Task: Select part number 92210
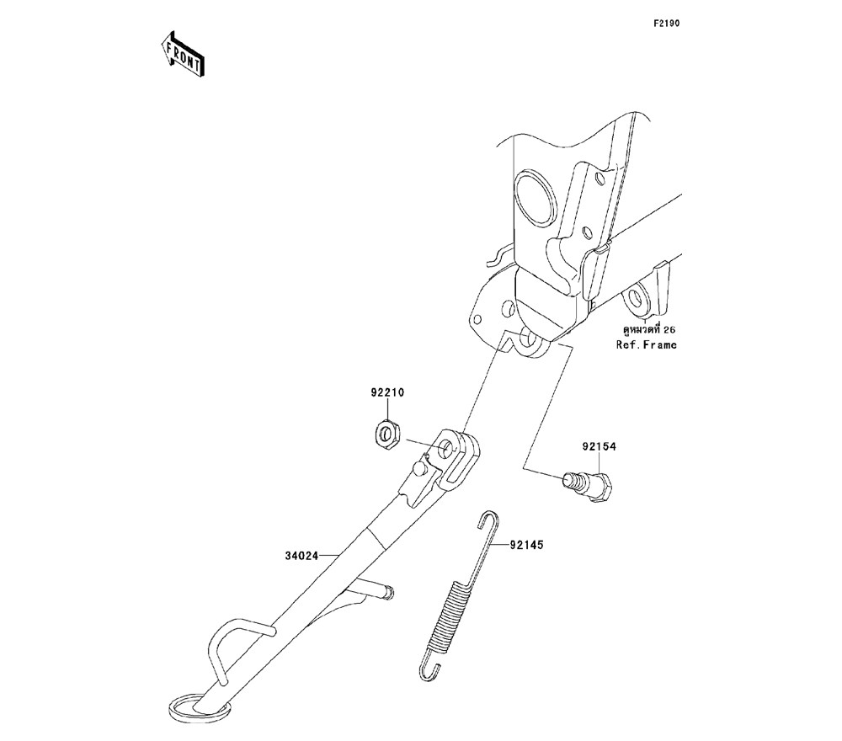[386, 393]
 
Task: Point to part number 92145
[526, 546]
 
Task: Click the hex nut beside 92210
[386, 434]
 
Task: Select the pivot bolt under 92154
[592, 486]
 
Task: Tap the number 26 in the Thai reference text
[669, 329]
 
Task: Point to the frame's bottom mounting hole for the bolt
[531, 342]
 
